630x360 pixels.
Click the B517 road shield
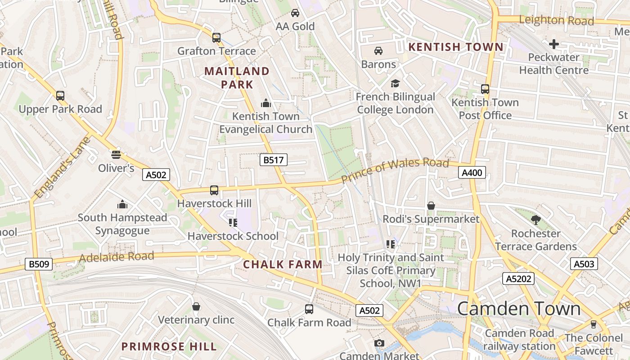coord(273,159)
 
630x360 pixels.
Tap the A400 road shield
coord(472,172)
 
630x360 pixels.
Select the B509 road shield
coord(39,264)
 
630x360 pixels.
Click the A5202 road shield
coord(518,279)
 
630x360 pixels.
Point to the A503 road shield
coord(584,264)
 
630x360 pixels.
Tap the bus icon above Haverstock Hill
coord(214,190)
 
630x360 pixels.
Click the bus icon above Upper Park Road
coord(60,96)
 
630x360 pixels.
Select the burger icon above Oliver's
coord(116,155)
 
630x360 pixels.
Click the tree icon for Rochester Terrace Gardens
coord(535,220)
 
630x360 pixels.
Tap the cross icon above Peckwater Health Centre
coord(554,44)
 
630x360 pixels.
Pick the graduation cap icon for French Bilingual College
coord(395,83)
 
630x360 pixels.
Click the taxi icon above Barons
coord(378,51)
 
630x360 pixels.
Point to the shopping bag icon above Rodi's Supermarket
coord(431,206)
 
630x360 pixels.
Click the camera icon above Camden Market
coord(379,343)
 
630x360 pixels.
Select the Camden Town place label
coord(519,309)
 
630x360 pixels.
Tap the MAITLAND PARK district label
coord(237,77)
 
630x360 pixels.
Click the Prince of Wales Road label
coord(395,171)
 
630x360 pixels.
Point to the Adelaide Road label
coord(116,257)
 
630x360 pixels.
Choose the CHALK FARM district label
coord(283,265)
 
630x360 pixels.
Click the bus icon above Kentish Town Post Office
coord(485,89)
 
